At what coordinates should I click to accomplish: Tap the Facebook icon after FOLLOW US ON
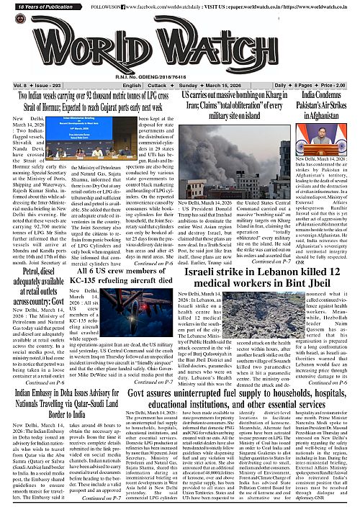[134, 6]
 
